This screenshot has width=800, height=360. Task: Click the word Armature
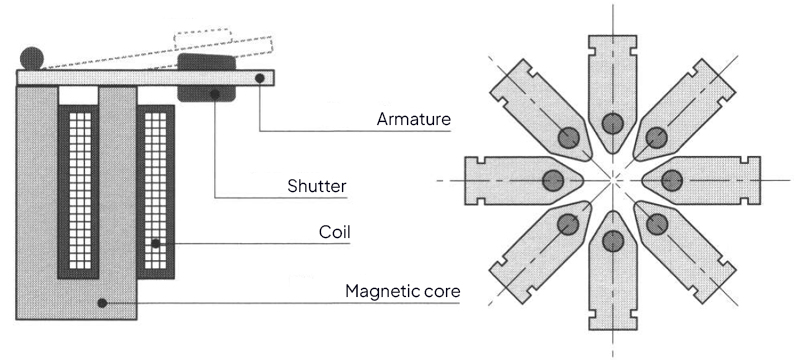click(414, 119)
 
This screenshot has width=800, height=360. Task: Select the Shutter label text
click(317, 186)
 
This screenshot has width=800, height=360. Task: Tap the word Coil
click(335, 232)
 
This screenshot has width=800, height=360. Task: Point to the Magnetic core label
click(403, 291)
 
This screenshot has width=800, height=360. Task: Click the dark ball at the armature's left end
click(32, 58)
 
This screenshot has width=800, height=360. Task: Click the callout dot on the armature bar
click(260, 78)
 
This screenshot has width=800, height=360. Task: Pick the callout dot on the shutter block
click(215, 94)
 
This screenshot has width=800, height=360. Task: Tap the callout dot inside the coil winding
click(156, 243)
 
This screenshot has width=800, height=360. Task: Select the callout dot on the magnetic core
click(102, 303)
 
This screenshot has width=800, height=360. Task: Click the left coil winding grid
click(80, 191)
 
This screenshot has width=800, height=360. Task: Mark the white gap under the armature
click(78, 95)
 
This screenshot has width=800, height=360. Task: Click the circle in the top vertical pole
click(612, 123)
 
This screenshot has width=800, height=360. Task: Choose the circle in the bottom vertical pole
click(612, 241)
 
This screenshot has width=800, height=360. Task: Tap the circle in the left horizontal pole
click(553, 181)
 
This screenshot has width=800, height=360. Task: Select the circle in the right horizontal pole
click(671, 181)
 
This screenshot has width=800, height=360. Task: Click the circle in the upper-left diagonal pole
click(568, 137)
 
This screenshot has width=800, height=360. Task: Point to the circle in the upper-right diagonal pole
click(657, 137)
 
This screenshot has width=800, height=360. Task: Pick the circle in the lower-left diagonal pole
click(568, 224)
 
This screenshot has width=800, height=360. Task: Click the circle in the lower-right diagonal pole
click(657, 224)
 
